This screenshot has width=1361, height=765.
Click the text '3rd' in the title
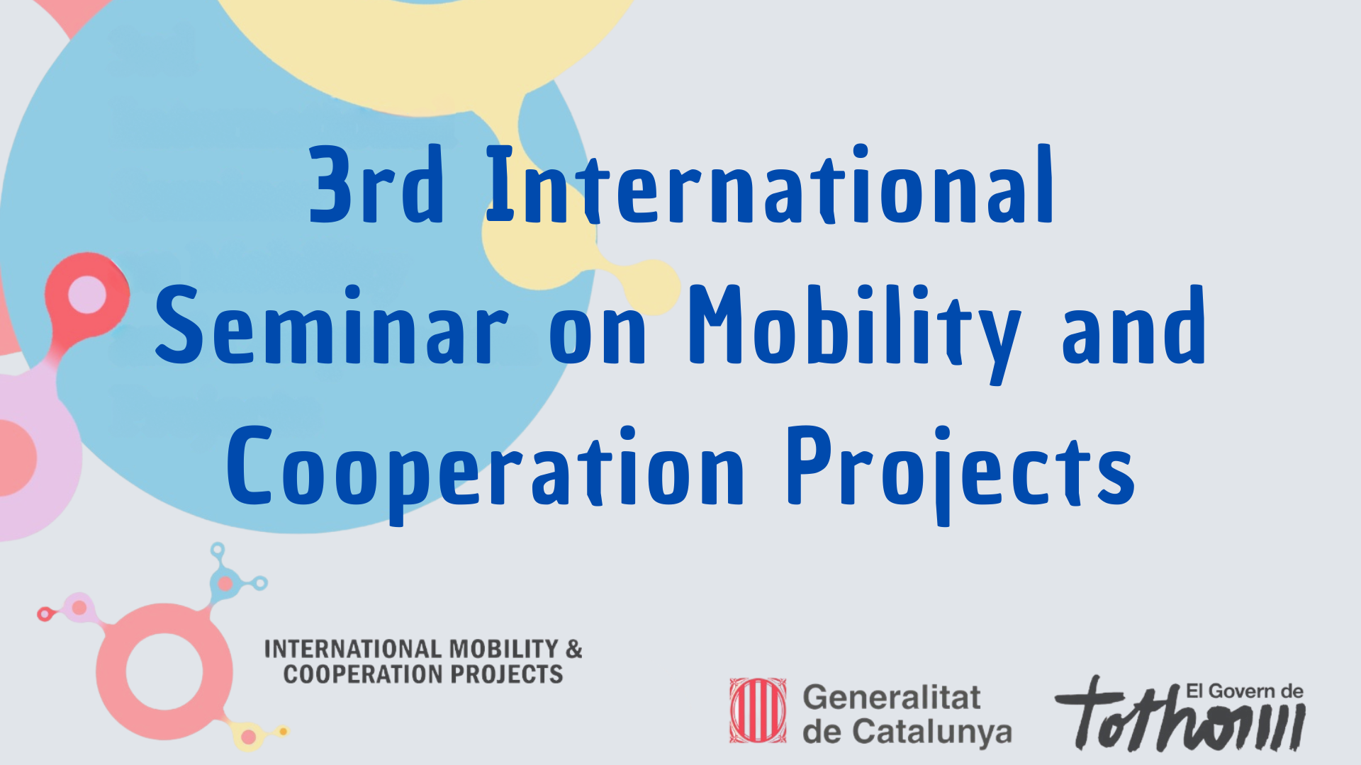[376, 185]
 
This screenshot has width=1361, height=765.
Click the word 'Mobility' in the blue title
[855, 333]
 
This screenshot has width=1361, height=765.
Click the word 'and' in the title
[1133, 325]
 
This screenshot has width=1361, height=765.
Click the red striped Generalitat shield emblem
[758, 710]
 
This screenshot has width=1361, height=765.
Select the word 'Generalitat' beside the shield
[892, 698]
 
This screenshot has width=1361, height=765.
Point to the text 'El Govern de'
[1245, 691]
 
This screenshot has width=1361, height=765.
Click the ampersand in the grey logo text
[574, 649]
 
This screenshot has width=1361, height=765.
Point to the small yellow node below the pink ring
[248, 737]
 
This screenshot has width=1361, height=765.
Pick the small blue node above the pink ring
[225, 584]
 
